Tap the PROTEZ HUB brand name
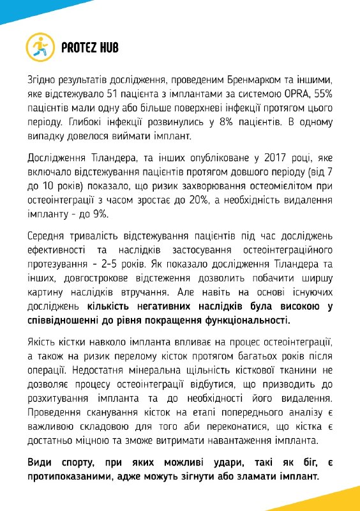(91, 47)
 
